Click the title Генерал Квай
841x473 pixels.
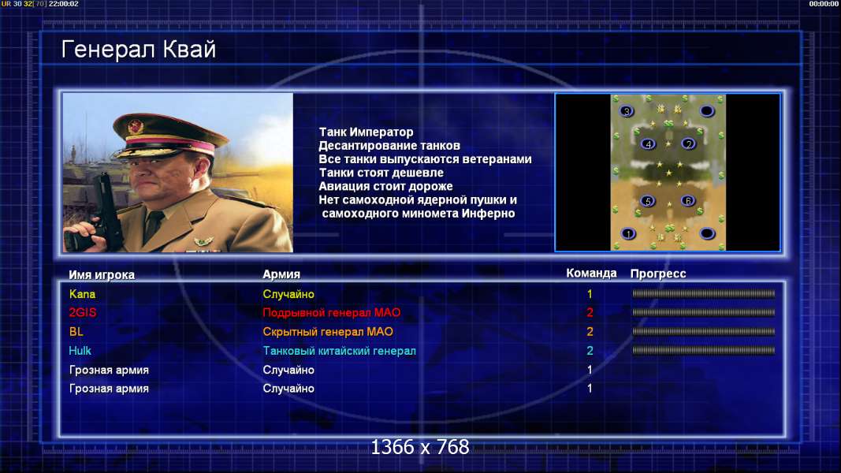(x=139, y=50)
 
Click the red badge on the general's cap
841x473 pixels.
(x=136, y=127)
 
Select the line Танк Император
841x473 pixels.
(x=366, y=132)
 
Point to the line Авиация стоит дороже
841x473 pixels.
(x=385, y=186)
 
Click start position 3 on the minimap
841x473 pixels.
(x=627, y=111)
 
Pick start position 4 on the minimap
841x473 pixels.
(x=649, y=143)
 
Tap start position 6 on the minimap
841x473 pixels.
(x=688, y=200)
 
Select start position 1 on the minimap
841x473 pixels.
(x=628, y=233)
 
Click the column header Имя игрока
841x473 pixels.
(x=102, y=274)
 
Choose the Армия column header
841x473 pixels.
(x=281, y=274)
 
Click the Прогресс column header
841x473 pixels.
(x=658, y=274)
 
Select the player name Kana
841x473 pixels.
(x=82, y=294)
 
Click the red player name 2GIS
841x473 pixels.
(x=83, y=313)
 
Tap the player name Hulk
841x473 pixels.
(x=80, y=351)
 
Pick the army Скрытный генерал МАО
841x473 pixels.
(x=328, y=332)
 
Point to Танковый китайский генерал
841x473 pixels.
(x=339, y=351)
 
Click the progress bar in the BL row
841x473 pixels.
(x=703, y=331)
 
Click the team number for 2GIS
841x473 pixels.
(x=590, y=313)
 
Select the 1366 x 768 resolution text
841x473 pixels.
(x=420, y=447)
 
